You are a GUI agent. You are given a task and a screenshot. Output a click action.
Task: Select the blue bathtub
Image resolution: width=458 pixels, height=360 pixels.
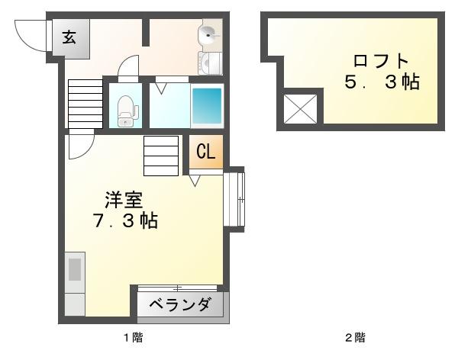click(206, 108)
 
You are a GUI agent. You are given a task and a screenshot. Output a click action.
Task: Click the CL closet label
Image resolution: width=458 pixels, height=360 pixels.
click(206, 152)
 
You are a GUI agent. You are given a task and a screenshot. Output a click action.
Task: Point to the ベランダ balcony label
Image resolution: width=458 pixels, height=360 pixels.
click(180, 305)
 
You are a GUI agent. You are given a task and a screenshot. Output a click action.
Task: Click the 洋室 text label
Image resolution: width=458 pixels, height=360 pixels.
click(123, 201)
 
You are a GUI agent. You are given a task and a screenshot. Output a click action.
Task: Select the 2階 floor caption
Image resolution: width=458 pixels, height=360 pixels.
click(356, 337)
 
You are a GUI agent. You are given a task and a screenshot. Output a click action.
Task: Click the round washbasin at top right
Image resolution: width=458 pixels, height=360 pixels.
click(208, 34)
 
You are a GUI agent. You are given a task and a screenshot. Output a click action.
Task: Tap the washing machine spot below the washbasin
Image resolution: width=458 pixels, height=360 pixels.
click(209, 63)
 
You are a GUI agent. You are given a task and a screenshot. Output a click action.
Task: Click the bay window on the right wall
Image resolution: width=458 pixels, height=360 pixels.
click(235, 199)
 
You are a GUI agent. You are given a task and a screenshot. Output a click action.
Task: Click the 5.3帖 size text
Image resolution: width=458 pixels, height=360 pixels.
click(382, 83)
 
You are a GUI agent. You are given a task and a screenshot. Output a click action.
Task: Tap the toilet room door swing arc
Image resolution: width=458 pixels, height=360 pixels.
click(129, 69)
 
